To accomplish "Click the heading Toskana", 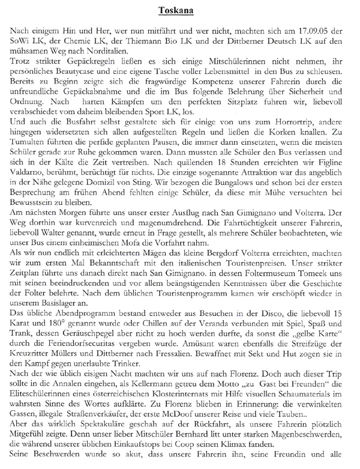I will pyautogui.click(x=179, y=10).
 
